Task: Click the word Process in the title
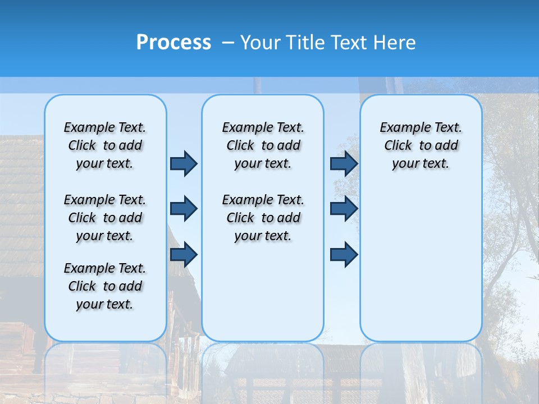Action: (173, 43)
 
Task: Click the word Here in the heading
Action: (394, 43)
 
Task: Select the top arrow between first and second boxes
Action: (184, 163)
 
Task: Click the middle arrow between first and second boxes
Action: (184, 209)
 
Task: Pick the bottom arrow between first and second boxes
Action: (184, 255)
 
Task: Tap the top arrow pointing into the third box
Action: (344, 163)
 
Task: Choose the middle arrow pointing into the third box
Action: (344, 209)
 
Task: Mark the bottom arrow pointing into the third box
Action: (344, 255)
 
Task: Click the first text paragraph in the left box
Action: (105, 145)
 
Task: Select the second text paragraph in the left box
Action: (105, 218)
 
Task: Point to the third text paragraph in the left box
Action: (105, 286)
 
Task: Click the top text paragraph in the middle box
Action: (263, 145)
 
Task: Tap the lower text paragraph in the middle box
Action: (263, 218)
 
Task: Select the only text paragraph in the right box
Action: (421, 145)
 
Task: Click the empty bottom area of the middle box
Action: (263, 297)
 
